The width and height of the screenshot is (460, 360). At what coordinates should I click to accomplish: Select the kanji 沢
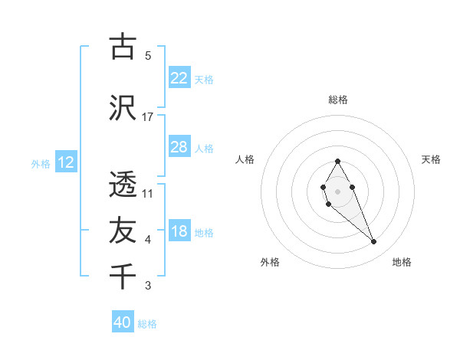point(123,108)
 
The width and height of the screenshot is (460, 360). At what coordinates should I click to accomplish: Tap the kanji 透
point(123,184)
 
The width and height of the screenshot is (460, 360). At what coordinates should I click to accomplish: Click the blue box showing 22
point(179,78)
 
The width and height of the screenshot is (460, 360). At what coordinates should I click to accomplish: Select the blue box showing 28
point(179,147)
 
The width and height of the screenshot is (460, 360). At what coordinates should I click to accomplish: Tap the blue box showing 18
point(179,231)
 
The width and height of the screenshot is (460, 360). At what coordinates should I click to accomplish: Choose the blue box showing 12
point(65,162)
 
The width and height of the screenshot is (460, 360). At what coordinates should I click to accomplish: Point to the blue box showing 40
point(123,322)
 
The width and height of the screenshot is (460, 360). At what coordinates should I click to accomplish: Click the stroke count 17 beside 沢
point(148,117)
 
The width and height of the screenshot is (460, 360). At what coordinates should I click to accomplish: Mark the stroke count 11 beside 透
point(148,193)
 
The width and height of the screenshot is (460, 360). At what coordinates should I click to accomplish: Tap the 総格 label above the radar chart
point(337,100)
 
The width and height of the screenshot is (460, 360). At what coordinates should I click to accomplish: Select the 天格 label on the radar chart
point(431,159)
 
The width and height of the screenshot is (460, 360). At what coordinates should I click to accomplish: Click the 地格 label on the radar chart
point(402,262)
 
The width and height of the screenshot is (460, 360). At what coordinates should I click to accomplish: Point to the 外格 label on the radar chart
point(270,262)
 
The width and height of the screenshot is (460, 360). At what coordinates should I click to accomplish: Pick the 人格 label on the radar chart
point(245,159)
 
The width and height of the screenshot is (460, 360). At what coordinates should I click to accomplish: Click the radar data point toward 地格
point(374,242)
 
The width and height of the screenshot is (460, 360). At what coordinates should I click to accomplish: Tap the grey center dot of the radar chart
point(337,190)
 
